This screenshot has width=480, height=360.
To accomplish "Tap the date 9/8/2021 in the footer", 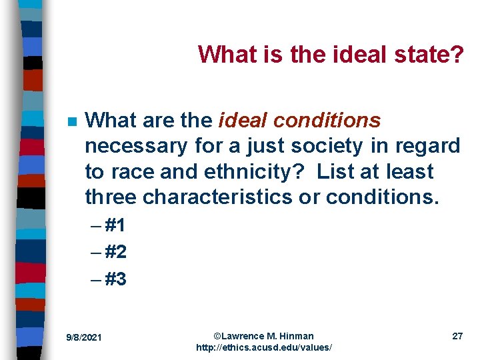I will [83, 337].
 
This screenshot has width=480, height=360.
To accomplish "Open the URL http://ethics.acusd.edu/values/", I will [263, 348].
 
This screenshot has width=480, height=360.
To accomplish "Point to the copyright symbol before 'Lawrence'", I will [217, 335].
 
